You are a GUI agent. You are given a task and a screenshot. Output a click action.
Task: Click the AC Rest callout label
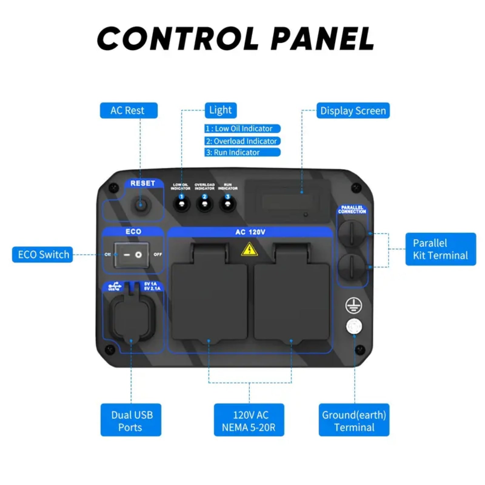(129, 110)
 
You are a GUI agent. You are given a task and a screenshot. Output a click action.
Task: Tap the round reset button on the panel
(140, 205)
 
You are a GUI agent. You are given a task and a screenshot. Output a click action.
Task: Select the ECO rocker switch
(132, 255)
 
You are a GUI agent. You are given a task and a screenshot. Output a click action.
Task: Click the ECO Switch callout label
(42, 255)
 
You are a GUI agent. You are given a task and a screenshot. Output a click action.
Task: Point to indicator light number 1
(182, 204)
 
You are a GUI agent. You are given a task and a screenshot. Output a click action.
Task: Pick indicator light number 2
(205, 204)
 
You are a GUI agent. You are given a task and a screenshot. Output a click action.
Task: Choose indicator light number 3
(228, 204)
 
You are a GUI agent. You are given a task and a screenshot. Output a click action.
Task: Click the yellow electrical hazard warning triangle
(249, 249)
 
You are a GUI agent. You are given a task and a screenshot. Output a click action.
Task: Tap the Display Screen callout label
(353, 111)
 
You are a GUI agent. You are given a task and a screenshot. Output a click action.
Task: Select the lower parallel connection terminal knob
(352, 267)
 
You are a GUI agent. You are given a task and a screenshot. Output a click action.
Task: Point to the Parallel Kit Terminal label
(440, 249)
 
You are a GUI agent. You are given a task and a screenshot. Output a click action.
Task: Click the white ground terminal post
(354, 326)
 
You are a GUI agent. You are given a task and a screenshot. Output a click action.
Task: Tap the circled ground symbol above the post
(353, 305)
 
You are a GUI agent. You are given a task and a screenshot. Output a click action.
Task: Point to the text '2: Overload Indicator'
(242, 141)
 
